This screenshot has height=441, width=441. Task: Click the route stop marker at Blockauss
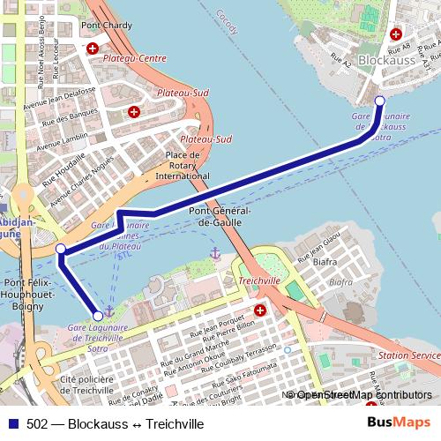coord(379,101)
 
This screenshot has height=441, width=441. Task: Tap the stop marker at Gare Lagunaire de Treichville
coord(98,315)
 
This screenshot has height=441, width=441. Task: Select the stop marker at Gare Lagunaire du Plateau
coord(61,250)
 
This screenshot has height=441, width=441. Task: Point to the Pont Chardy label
coord(106,26)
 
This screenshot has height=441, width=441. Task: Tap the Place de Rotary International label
coord(183,166)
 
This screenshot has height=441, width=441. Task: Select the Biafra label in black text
coord(325,261)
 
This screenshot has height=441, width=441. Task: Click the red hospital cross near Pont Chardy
coord(92,47)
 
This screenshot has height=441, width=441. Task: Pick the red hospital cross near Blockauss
coord(395,34)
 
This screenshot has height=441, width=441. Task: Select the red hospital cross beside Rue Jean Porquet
coord(259,310)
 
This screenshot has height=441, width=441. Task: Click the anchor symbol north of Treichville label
coord(213,254)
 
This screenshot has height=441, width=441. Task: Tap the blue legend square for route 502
coord(10,424)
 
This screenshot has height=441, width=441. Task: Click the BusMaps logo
coord(400,423)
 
